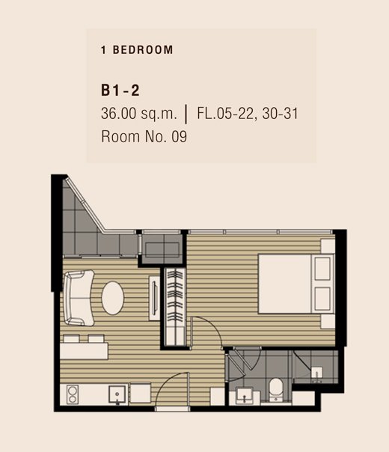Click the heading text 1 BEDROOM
137,50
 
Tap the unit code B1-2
120,90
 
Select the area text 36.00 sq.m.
138,113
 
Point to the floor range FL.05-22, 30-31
248,113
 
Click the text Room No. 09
144,136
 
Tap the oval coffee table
113,298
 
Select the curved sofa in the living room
79,298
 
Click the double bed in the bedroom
296,284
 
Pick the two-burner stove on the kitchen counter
73,394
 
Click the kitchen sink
117,394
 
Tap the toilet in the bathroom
276,390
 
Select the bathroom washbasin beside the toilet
245,395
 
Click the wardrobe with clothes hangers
175,307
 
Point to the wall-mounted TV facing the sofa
155,298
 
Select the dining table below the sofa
84,351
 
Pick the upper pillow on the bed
322,269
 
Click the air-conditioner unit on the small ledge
162,250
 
